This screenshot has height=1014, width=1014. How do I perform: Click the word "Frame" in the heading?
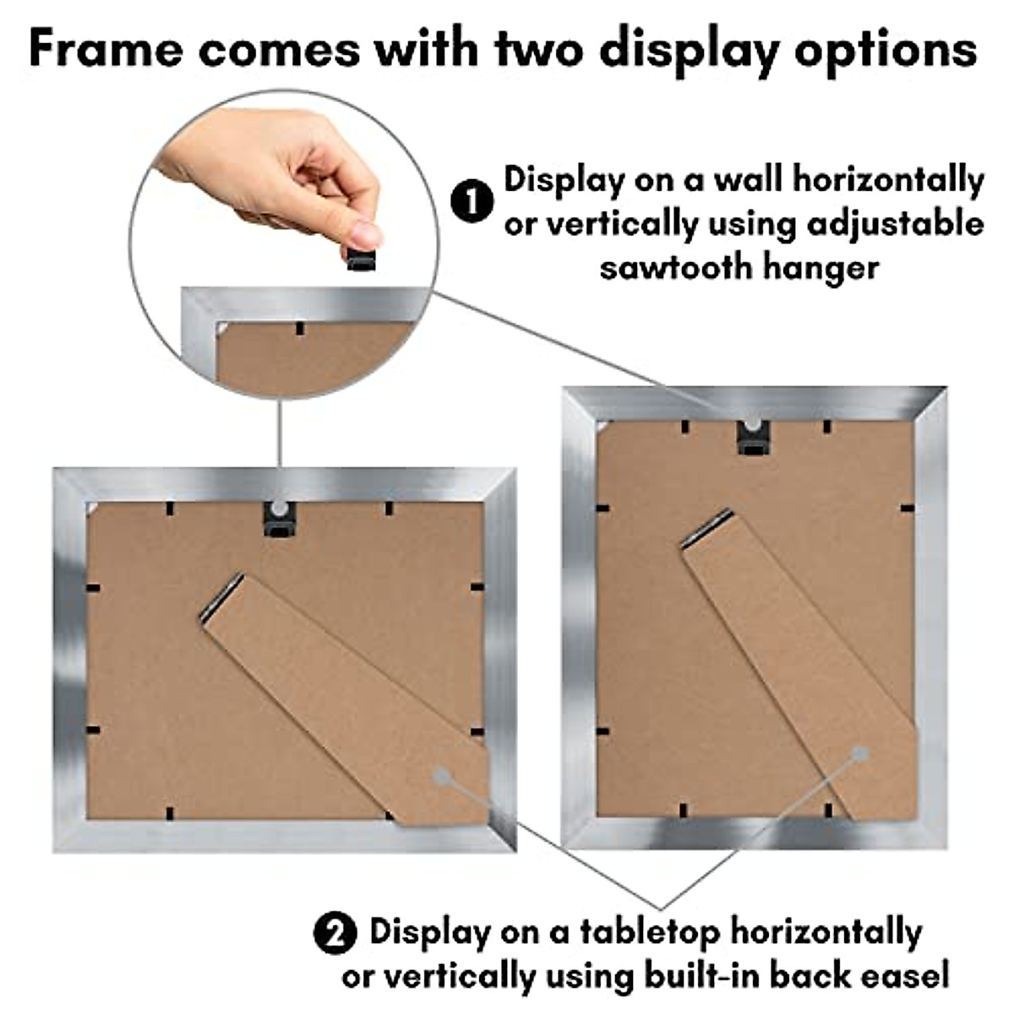point(105,49)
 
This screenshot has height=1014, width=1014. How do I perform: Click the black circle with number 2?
point(335,935)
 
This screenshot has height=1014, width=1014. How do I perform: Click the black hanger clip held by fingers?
point(362,257)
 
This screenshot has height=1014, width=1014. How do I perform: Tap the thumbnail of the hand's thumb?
point(365,233)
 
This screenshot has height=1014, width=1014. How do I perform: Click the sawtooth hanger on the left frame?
point(277,519)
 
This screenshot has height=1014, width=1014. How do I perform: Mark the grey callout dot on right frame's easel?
point(860,752)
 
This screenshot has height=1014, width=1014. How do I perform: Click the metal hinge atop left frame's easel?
point(222,598)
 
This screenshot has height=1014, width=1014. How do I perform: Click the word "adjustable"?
point(895,224)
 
